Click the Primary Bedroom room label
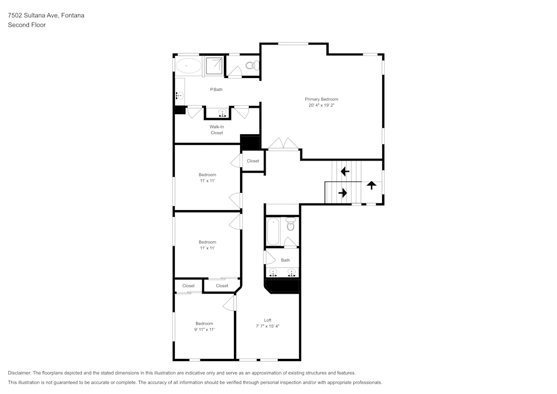321,99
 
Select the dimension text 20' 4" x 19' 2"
321,105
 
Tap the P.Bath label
216,90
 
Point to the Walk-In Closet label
217,130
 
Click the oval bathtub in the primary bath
188,66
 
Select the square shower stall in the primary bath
214,66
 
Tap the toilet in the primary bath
251,66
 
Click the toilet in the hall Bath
290,224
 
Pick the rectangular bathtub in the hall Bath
273,231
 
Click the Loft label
267,320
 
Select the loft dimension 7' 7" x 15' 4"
267,327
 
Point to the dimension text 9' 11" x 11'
204,330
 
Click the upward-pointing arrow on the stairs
371,186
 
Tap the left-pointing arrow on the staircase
345,171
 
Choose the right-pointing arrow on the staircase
343,193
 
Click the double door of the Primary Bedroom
283,144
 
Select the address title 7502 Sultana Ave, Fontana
46,16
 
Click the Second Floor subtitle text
27,25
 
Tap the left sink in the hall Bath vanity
273,273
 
